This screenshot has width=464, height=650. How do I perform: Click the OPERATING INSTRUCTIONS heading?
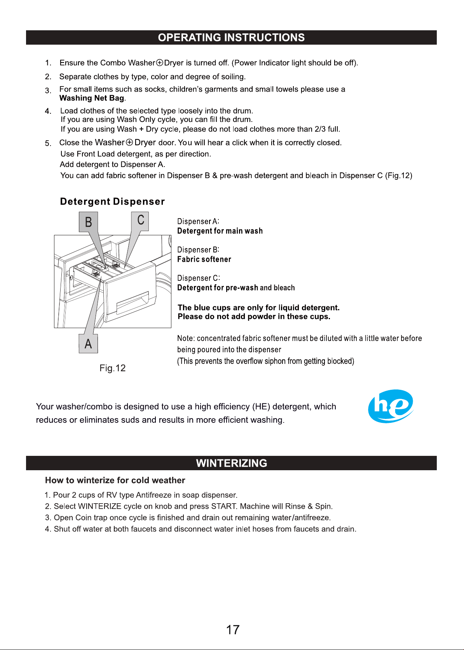(x=231, y=37)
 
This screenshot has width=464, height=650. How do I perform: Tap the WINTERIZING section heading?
(x=232, y=463)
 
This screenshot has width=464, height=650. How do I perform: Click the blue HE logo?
(x=391, y=406)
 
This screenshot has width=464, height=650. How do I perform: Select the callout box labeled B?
(x=88, y=222)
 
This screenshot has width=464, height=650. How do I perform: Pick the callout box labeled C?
(x=140, y=221)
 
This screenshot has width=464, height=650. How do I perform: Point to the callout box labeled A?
(x=88, y=344)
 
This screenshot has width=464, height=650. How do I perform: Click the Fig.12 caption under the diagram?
(x=112, y=368)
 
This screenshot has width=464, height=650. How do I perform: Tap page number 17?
(x=232, y=630)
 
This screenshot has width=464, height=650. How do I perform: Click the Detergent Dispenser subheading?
(x=112, y=202)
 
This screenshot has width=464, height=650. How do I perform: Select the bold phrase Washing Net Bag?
(x=92, y=98)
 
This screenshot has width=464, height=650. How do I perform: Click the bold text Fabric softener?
(x=204, y=259)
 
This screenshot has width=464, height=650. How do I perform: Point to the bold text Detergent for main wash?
(x=220, y=231)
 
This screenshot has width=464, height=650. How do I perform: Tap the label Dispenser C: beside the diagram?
(x=199, y=278)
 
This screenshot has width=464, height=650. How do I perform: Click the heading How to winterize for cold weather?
(x=115, y=480)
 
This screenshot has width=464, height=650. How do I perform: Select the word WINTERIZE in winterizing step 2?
(x=99, y=506)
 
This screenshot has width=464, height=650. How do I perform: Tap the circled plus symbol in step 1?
(x=160, y=63)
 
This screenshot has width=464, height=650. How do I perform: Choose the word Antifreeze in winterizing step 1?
(x=154, y=495)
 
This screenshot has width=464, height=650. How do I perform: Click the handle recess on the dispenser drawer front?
(x=133, y=302)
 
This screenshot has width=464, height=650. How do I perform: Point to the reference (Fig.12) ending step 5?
(x=399, y=176)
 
